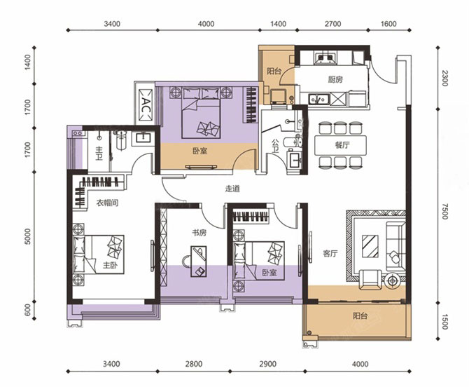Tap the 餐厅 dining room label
[x=342, y=145]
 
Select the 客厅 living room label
[x=330, y=253]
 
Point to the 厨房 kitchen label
[x=335, y=79]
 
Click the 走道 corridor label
[x=232, y=189]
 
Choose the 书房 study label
[x=199, y=233]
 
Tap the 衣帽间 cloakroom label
[x=107, y=203]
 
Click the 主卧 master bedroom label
[x=110, y=266]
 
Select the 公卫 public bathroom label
[x=275, y=146]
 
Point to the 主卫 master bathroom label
[x=99, y=153]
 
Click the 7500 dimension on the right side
[x=444, y=211]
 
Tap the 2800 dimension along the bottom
[x=193, y=364]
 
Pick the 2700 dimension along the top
[x=333, y=24]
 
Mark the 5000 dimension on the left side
[x=27, y=237]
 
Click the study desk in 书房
[x=199, y=262]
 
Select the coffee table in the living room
[x=370, y=246]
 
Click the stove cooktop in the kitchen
[x=325, y=58]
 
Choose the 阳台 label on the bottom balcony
[x=360, y=315]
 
